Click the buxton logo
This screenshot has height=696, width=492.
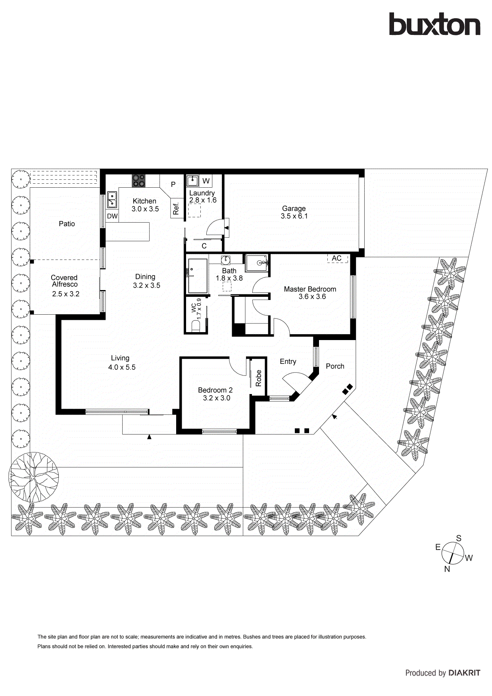point(434,24)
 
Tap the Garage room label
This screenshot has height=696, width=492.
point(294,208)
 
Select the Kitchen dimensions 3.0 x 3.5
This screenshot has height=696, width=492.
point(145,209)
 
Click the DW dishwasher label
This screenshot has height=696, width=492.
point(112,216)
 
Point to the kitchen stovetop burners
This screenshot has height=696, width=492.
point(138,181)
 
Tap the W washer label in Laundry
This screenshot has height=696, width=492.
point(206,181)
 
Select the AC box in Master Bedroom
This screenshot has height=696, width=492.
point(336,258)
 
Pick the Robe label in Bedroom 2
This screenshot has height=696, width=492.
point(259,378)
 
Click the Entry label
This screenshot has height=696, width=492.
point(288,361)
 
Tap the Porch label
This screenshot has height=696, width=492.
point(335,366)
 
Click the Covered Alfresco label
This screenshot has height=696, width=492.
point(64,281)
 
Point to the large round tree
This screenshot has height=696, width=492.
point(34,477)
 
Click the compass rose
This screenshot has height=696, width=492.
point(452,553)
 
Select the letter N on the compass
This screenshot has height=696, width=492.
point(447,569)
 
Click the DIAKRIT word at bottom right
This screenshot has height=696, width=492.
point(464,673)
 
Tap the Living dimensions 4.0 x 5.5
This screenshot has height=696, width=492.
point(122,367)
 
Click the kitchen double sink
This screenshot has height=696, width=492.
point(112,200)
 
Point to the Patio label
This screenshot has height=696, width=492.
point(67,224)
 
